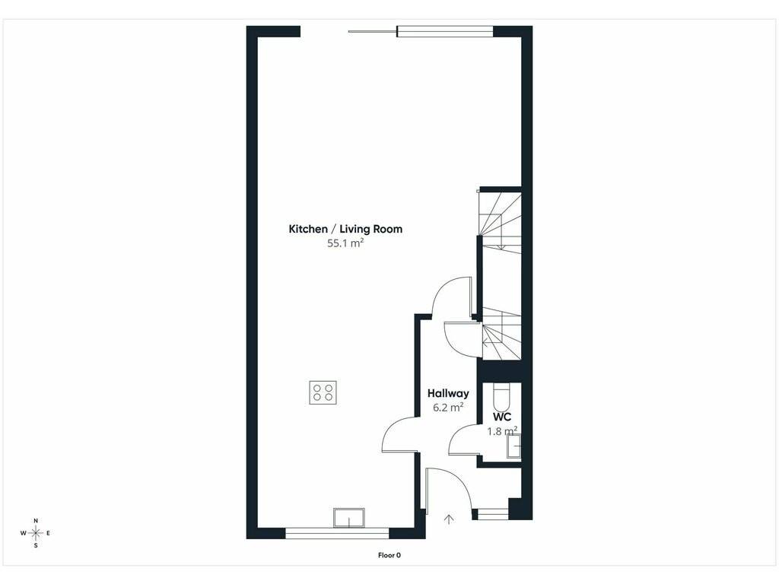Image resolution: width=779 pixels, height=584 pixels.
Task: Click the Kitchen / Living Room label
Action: (345, 229)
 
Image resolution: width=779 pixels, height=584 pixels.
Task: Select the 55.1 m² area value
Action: (345, 243)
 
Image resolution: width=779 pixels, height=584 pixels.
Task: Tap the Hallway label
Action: (448, 393)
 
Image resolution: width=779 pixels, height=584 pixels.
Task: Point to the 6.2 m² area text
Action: (448, 408)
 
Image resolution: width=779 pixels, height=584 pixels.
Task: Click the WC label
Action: (502, 417)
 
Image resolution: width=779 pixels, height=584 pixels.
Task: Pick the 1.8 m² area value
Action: (502, 431)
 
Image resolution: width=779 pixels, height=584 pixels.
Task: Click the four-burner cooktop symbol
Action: (323, 392)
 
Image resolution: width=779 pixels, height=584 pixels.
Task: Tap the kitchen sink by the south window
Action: (349, 518)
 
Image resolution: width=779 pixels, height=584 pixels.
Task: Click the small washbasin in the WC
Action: (514, 446)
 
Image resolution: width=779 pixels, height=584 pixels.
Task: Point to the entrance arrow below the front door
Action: (449, 519)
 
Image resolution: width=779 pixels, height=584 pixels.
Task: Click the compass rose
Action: (36, 533)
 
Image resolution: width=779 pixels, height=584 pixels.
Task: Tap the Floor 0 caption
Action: (389, 555)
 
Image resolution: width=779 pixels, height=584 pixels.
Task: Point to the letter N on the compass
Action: (36, 520)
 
